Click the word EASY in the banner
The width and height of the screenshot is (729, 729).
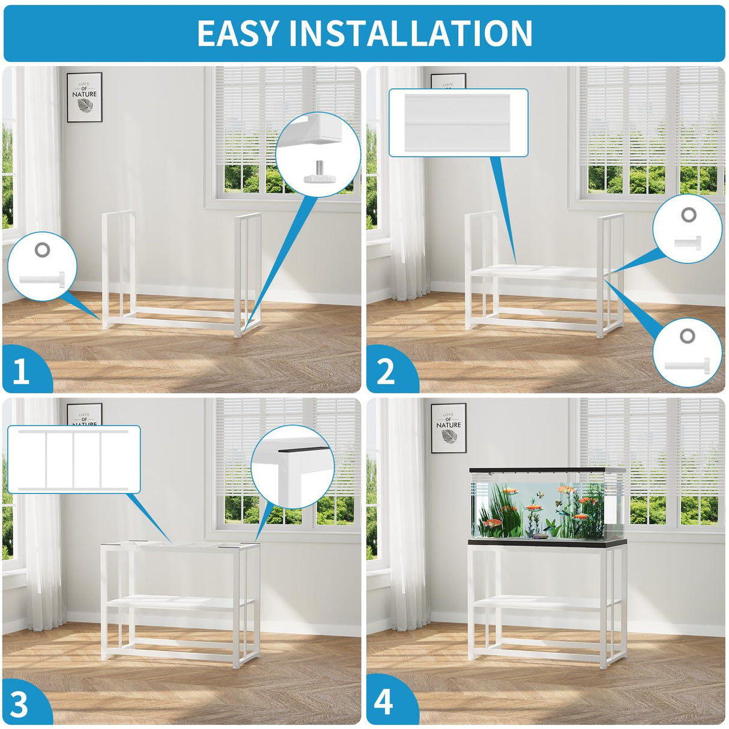tap(238, 33)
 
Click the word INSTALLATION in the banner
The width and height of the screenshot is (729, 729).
tap(411, 33)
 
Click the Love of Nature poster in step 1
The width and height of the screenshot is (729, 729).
tap(85, 97)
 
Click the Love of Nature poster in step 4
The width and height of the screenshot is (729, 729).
tap(449, 428)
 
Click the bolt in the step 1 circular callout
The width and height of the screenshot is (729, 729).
tap(42, 280)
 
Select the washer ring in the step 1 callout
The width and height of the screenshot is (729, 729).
tap(42, 250)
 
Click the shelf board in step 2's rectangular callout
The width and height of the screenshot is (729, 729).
tap(458, 123)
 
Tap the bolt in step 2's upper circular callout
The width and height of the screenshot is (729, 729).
tap(687, 241)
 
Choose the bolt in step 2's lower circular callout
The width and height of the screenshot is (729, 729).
tap(687, 366)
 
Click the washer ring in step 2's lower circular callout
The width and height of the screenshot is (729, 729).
tap(687, 336)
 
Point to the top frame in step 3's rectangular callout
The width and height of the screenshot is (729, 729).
tap(74, 459)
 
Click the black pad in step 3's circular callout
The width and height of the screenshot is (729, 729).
tap(304, 449)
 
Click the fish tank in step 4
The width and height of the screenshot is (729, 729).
tap(547, 504)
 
